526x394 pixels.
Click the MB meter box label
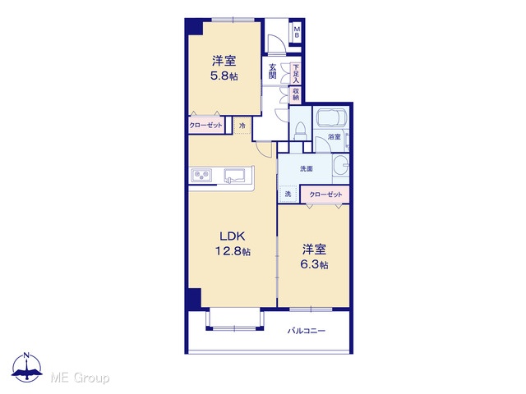click(x=297, y=33)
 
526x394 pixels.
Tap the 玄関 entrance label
click(x=273, y=71)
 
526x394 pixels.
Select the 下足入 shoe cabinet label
click(x=296, y=74)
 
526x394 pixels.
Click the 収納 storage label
click(x=296, y=94)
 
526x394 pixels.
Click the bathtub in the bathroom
click(x=330, y=117)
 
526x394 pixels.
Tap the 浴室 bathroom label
click(x=335, y=137)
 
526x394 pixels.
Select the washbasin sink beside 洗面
click(x=341, y=166)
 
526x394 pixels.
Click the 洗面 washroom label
click(x=307, y=169)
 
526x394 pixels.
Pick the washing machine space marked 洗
click(x=288, y=194)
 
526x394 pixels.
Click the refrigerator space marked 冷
click(x=242, y=126)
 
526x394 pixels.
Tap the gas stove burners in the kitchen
click(x=201, y=176)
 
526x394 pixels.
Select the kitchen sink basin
click(x=235, y=176)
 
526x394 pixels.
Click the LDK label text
click(x=233, y=236)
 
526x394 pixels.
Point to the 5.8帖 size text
click(x=224, y=76)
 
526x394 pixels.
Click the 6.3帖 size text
click(x=314, y=264)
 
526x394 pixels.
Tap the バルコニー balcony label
click(x=307, y=331)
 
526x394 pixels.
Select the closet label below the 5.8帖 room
click(x=205, y=126)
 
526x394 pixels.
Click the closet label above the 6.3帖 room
click(x=325, y=195)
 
